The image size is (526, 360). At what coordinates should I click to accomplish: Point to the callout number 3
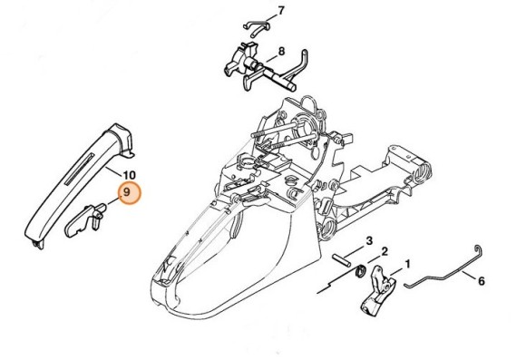[369, 240]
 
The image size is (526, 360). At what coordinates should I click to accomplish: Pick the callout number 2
[385, 251]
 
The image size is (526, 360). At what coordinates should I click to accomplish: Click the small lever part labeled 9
[86, 219]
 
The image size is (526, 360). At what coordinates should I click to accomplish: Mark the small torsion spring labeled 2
[361, 269]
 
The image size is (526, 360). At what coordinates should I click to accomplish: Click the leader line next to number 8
[269, 57]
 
